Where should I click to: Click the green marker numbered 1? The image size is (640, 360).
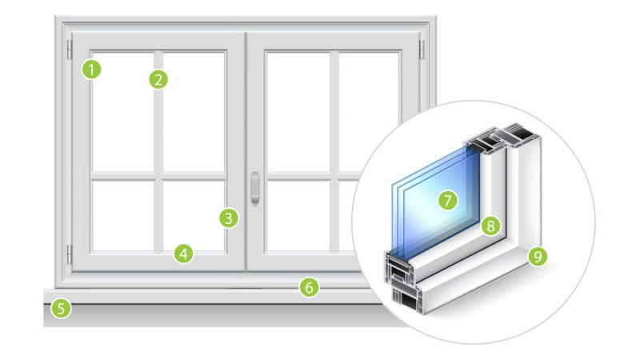pyautogui.click(x=93, y=69)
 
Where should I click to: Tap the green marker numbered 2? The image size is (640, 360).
pyautogui.click(x=158, y=78)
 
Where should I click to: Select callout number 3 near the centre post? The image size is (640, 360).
pyautogui.click(x=229, y=217)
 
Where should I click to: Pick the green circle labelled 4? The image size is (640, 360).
pyautogui.click(x=184, y=254)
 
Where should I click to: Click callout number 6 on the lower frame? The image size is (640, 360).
pyautogui.click(x=309, y=286)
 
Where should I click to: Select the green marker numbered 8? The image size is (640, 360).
pyautogui.click(x=490, y=226)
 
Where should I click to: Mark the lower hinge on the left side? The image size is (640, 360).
pyautogui.click(x=69, y=254)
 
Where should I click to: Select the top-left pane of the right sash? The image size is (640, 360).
pyautogui.click(x=297, y=111)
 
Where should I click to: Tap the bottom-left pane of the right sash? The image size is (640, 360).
pyautogui.click(x=297, y=215)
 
